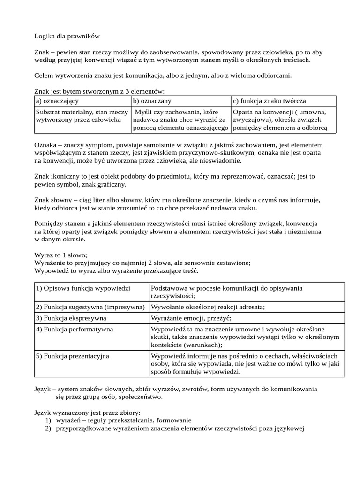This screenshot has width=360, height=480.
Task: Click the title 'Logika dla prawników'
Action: tap(67, 36)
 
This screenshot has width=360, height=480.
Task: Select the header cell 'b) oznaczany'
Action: tap(152, 101)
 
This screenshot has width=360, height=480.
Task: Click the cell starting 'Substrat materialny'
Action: tap(82, 116)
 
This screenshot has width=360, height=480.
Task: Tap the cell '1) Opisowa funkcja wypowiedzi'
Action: tap(83, 287)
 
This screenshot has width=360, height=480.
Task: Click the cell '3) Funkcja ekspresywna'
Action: tap(71, 318)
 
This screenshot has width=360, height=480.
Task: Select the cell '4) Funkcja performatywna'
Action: tap(75, 329)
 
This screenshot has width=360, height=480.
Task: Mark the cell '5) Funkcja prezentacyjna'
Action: tap(73, 356)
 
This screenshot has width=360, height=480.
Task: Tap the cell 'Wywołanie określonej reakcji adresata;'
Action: tap(208, 307)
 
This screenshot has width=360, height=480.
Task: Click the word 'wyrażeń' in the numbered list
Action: tap(67, 420)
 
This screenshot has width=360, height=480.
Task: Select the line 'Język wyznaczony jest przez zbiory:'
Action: tap(87, 412)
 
